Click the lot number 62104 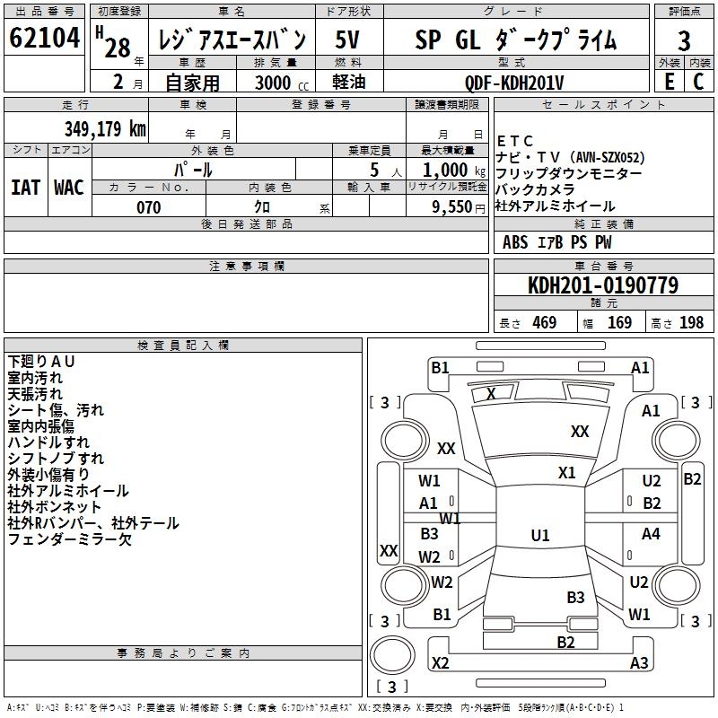point(44,38)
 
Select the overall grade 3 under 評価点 point(684,40)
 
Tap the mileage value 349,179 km point(105,128)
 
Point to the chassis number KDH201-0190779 point(603,285)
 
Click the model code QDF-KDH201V point(514,83)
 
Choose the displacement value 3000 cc point(282,83)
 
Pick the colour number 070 point(149,207)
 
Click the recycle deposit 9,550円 point(459,207)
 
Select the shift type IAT point(25,188)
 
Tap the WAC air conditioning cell point(69,188)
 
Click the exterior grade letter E point(670,82)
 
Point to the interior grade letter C point(698,82)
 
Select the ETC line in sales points point(514,141)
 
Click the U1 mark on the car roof point(540,535)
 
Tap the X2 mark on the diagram point(440,662)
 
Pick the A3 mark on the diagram point(639,662)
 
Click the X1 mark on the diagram point(566,473)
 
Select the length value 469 point(545,322)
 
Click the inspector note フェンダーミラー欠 point(70,539)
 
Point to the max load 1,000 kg point(454,171)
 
